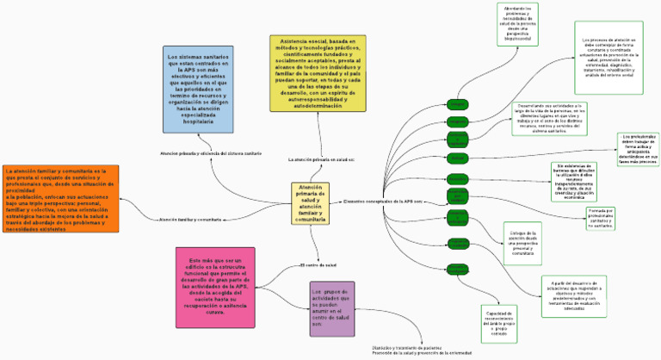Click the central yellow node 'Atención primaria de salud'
click(311, 203)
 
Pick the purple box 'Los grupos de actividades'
click(331, 307)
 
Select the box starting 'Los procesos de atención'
click(608, 57)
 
